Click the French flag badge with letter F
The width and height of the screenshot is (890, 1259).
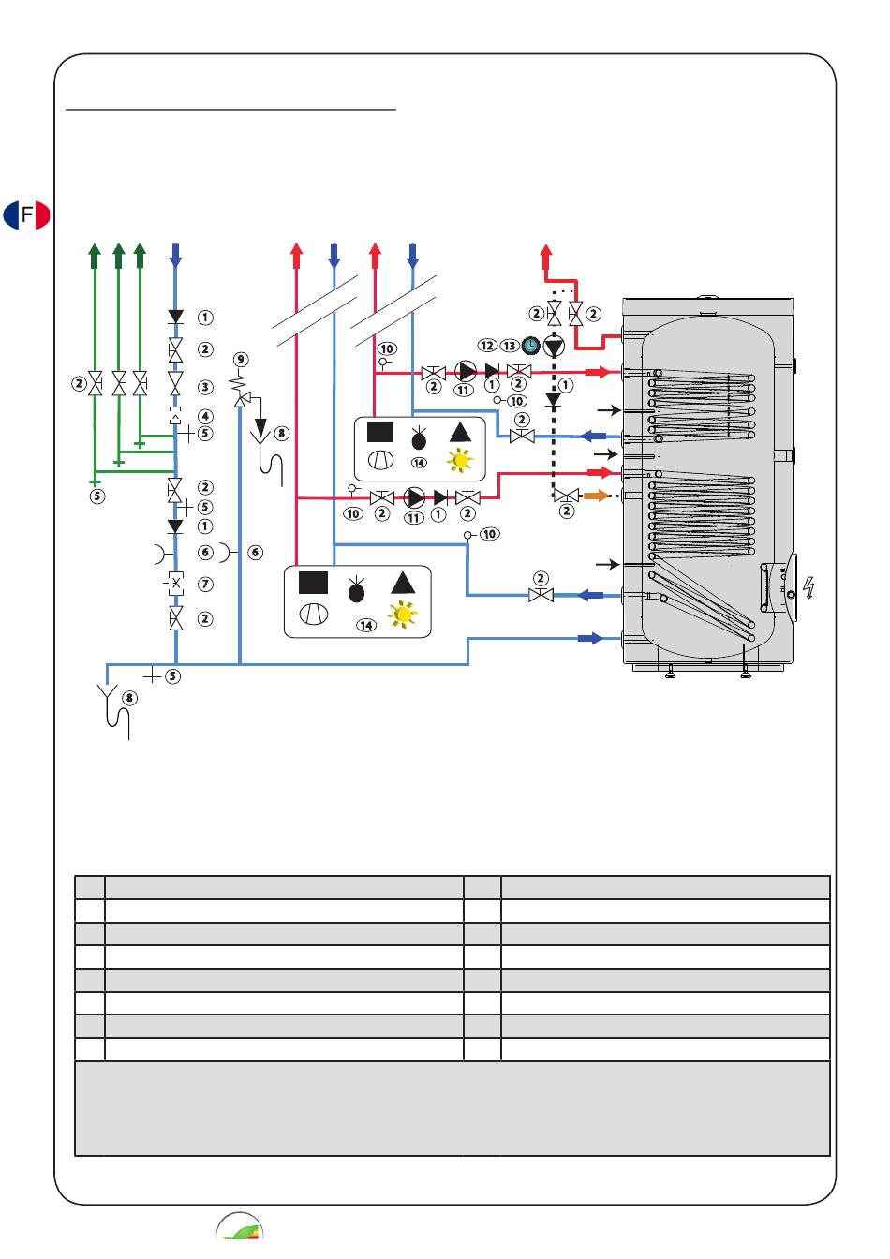pyautogui.click(x=26, y=215)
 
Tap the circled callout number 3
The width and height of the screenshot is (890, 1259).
pyautogui.click(x=205, y=387)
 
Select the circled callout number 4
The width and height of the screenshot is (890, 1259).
pyautogui.click(x=205, y=416)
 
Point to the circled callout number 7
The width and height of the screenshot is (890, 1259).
pyautogui.click(x=205, y=585)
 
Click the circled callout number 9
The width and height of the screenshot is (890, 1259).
pyautogui.click(x=241, y=360)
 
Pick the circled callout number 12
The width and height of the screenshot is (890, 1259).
pyautogui.click(x=486, y=346)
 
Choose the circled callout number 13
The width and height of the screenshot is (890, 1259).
pyautogui.click(x=509, y=346)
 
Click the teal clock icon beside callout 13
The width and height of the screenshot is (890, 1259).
pyautogui.click(x=530, y=346)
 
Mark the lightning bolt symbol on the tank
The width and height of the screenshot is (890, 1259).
pyautogui.click(x=808, y=587)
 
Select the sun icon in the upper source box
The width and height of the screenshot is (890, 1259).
pyautogui.click(x=460, y=460)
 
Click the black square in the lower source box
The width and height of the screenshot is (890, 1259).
pyautogui.click(x=313, y=583)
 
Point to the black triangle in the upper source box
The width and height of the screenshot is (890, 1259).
pyautogui.click(x=460, y=432)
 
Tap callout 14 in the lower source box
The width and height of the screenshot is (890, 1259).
pyautogui.click(x=364, y=625)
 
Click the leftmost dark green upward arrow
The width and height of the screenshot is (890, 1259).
pyautogui.click(x=95, y=253)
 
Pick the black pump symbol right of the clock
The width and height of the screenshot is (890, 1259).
pyautogui.click(x=554, y=346)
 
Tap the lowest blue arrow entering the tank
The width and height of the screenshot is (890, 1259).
pyautogui.click(x=589, y=638)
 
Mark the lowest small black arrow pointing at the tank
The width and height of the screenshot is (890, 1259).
pyautogui.click(x=608, y=564)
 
